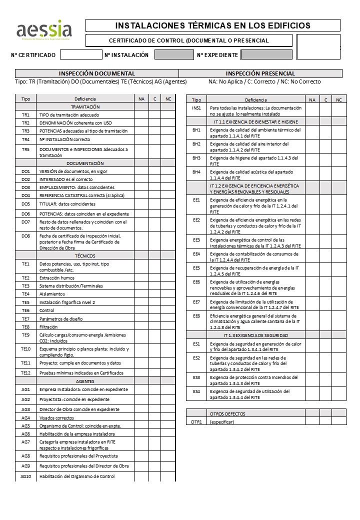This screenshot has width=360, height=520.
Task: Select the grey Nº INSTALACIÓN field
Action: pos(173,55)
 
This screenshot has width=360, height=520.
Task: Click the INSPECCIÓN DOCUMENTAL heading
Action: pos(97,73)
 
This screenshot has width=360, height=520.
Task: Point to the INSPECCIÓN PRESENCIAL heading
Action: pos(260,73)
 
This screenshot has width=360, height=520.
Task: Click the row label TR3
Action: pos(26,131)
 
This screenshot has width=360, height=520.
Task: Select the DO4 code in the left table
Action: pos(26,195)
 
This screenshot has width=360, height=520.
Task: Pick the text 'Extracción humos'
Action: pos(57,278)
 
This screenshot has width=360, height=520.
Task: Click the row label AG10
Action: pos(26,476)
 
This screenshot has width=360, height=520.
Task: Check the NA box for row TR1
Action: pos(141,115)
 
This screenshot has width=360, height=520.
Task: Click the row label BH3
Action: pos(196,158)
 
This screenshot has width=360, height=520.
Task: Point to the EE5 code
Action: pos(196,268)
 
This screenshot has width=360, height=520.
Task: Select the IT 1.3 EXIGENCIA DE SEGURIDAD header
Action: pos(255,334)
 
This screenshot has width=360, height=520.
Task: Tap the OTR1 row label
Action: pos(196,421)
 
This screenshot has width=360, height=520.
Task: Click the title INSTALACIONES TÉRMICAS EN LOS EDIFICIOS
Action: pos(212,25)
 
